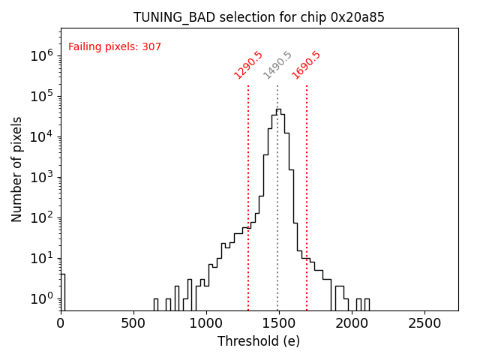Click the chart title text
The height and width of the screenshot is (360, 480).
(x=259, y=17)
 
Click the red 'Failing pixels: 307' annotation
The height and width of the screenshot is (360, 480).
(x=115, y=47)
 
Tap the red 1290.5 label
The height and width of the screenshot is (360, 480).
(x=248, y=65)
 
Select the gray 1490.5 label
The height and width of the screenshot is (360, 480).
(x=277, y=65)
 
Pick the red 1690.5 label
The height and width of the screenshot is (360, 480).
(x=306, y=65)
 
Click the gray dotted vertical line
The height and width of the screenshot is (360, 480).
(x=277, y=225)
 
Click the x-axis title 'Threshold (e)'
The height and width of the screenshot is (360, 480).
(x=259, y=341)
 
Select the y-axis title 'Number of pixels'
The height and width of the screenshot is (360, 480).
(x=17, y=169)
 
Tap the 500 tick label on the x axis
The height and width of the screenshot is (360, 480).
(x=133, y=322)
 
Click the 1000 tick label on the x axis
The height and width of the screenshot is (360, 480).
(x=206, y=322)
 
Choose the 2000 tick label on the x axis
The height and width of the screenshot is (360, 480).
(x=352, y=322)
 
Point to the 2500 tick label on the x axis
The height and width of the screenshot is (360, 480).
(x=424, y=322)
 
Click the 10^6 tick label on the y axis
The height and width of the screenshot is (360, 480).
(x=41, y=55)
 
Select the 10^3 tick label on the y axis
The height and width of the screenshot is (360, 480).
(x=41, y=177)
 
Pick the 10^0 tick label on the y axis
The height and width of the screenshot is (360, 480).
(x=41, y=298)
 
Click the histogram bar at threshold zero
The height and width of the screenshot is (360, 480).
(x=62, y=292)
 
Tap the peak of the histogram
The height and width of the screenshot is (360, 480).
(x=278, y=110)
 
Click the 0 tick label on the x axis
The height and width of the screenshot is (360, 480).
(x=61, y=322)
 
